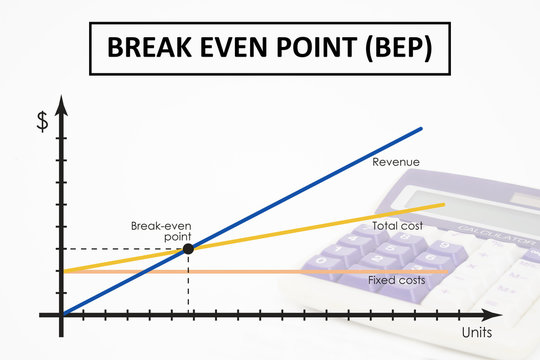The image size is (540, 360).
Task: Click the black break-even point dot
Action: click(188, 247)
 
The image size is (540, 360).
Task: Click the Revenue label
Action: click(395, 162)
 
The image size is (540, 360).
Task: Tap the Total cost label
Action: click(397, 227)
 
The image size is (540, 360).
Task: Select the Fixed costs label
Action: click(397, 280)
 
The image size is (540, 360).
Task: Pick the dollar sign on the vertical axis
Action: click(42, 121)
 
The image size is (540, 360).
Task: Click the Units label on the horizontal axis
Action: click(476, 331)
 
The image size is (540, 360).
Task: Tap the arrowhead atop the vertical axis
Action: click(62, 102)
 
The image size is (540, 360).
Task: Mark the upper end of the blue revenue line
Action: click(421, 129)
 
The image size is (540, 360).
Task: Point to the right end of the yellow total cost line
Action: click(444, 205)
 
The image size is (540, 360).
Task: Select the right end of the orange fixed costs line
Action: click(446, 271)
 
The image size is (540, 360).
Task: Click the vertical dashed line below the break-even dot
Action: click(188, 283)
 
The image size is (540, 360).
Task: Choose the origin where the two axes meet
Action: click(62, 315)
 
